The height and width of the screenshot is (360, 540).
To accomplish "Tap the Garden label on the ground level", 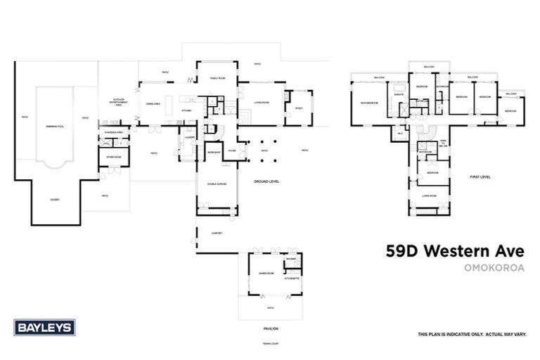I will (x=54, y=199).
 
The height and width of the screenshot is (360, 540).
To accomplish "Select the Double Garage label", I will (x=216, y=184).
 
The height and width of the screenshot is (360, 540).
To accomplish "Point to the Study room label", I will (x=298, y=108).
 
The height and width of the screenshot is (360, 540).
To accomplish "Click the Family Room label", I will (x=215, y=78).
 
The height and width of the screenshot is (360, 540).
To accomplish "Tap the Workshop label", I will (x=214, y=152).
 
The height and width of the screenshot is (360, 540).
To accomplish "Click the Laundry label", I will (x=189, y=137).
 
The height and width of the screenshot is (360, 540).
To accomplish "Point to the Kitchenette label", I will (x=291, y=279).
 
